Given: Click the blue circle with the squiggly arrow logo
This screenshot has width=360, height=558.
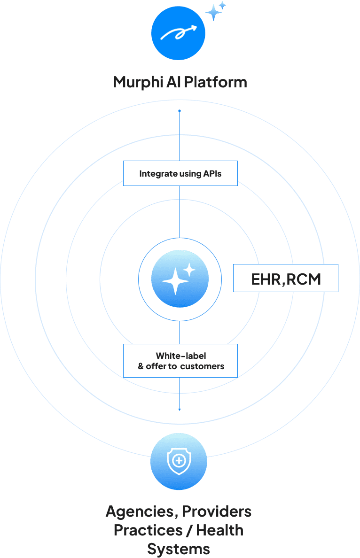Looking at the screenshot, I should click(178, 33).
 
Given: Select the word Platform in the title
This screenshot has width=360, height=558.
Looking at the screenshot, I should click(215, 82).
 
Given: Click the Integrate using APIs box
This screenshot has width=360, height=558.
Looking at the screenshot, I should click(180, 173).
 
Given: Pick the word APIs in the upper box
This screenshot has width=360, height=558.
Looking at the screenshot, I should click(212, 173).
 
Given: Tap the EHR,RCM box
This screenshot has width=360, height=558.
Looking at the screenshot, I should click(286, 278).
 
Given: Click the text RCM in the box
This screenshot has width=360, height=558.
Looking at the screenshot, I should click(304, 279).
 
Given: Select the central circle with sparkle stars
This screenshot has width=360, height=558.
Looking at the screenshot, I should click(180, 279).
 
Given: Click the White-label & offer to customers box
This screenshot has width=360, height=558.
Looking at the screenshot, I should click(180, 361).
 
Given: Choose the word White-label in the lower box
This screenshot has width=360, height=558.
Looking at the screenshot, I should click(181, 356).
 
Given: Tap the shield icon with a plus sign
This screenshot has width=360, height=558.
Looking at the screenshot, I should click(179, 461).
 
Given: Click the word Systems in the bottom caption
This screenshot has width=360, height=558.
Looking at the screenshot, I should click(179, 549).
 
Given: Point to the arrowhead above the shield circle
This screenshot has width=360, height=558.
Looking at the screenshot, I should click(180, 410).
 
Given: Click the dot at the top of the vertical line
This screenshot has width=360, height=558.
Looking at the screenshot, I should click(180, 111).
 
